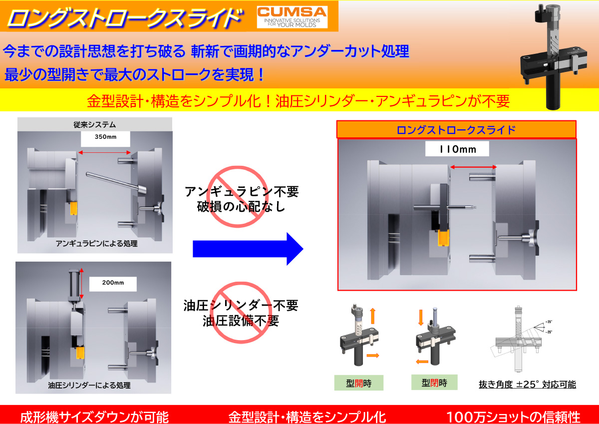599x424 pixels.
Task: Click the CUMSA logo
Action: [x=292, y=17]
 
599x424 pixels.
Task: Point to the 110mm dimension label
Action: [x=457, y=149]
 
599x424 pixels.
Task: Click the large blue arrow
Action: [x=248, y=249]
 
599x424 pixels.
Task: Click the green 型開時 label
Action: [x=358, y=383]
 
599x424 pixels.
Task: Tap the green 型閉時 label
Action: [x=434, y=383]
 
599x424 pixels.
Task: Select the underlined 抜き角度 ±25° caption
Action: [x=527, y=385]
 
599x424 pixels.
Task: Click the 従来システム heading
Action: [x=95, y=124]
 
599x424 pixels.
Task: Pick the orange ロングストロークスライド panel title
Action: [x=456, y=130]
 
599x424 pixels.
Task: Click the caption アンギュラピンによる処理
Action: [x=96, y=243]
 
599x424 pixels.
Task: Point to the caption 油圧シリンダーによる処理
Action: [x=89, y=385]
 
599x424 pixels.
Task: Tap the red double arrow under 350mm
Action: [x=104, y=153]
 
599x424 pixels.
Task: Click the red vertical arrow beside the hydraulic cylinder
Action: [x=81, y=284]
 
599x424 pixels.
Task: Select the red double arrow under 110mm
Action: [x=473, y=167]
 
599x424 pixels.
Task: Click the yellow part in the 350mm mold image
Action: [x=73, y=208]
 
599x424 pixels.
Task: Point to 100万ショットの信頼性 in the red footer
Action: [x=513, y=417]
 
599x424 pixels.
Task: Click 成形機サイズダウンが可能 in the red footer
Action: [x=94, y=417]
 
